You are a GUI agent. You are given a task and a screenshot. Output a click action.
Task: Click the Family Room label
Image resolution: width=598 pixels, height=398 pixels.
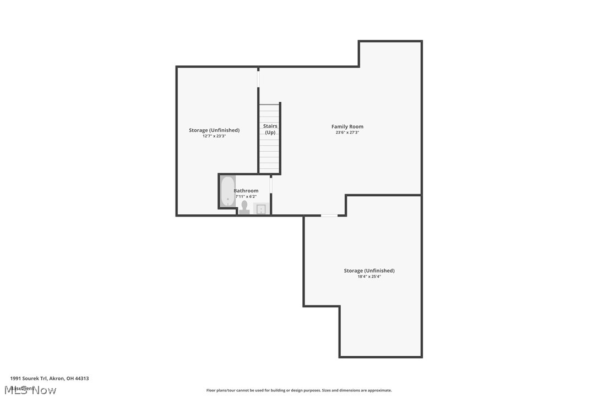(347, 126)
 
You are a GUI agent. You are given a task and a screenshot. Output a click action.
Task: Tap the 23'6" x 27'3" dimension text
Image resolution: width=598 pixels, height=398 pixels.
(347, 132)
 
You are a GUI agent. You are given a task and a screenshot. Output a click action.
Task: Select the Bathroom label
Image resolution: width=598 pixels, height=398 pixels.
(246, 191)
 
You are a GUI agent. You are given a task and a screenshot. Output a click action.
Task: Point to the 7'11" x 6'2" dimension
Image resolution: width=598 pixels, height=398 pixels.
(246, 196)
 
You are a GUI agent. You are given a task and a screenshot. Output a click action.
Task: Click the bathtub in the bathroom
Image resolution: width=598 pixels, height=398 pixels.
(227, 191)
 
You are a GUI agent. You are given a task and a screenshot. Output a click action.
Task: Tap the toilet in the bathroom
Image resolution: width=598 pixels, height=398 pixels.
(244, 207)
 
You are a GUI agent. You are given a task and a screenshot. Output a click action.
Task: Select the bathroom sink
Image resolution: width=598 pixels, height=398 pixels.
(261, 209)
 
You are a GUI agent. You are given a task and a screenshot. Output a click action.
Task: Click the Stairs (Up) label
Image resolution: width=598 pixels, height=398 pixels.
(270, 129)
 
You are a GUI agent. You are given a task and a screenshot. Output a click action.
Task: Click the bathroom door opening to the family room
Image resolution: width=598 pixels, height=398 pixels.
(270, 185)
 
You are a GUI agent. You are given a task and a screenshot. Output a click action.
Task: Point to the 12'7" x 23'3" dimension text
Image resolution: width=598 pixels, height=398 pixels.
(214, 136)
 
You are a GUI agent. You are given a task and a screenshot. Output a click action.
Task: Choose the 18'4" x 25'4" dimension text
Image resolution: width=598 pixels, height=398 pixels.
(369, 277)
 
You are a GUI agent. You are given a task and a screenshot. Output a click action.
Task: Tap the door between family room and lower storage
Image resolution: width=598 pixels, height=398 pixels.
(329, 215)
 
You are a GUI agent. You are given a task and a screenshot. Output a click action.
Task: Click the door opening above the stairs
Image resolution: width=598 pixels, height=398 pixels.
(258, 78)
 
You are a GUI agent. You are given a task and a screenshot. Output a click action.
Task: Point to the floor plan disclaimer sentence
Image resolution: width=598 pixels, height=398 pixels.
(299, 390)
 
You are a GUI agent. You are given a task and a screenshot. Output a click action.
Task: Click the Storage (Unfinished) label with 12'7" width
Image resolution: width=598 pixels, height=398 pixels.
(214, 130)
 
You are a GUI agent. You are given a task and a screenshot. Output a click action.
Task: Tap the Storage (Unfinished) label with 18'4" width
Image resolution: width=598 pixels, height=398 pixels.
(369, 270)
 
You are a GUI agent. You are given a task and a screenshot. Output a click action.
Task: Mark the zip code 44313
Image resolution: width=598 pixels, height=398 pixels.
(81, 378)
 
